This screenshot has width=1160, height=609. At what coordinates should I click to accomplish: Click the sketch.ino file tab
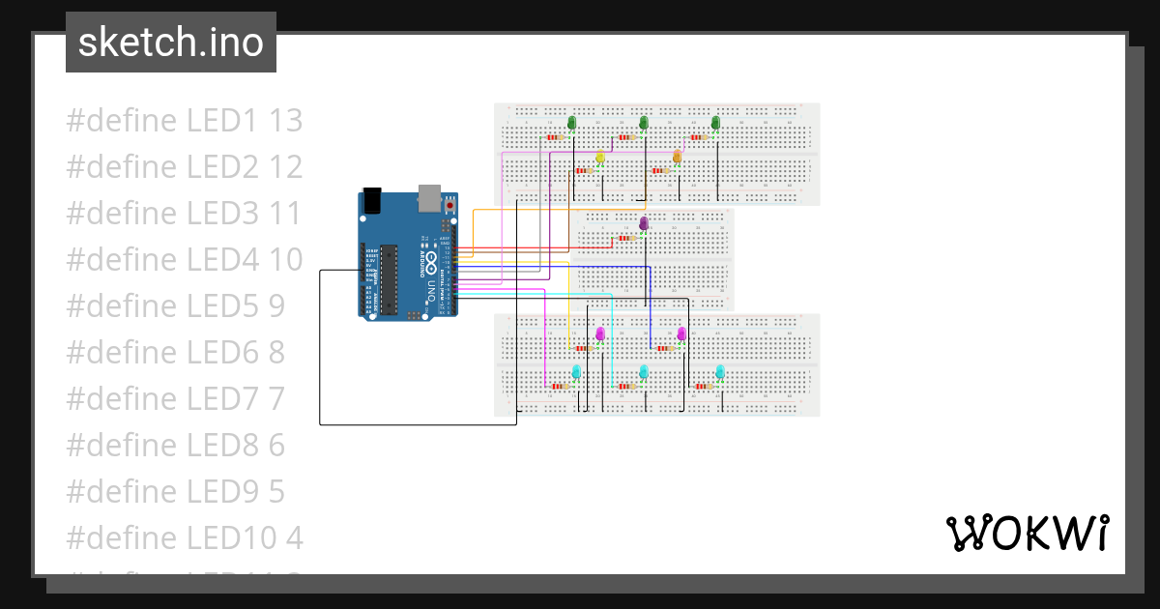coord(171,43)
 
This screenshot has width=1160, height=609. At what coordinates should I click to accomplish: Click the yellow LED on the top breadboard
coord(600,157)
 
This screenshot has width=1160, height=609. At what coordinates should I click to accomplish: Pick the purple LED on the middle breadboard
coord(644,223)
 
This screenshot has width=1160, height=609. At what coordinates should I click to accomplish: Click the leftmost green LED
coord(571,122)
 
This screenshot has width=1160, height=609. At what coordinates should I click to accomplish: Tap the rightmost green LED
coord(716,122)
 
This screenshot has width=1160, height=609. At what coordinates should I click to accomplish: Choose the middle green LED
coord(644,122)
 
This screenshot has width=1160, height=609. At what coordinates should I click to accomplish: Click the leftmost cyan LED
coord(576,371)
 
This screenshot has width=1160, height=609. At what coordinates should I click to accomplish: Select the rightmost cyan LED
coord(720,371)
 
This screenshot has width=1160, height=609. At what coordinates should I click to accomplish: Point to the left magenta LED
coord(600,333)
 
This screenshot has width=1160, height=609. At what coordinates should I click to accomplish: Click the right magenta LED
coord(681,333)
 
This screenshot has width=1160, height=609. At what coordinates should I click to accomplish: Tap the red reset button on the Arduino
coord(449,206)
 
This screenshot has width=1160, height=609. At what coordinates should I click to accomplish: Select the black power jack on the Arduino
coord(373,203)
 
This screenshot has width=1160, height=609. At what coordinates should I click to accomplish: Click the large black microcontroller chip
coord(390,279)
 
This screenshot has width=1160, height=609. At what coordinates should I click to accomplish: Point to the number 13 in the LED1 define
coord(285,121)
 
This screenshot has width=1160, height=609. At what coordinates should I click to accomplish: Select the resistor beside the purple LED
coord(623,236)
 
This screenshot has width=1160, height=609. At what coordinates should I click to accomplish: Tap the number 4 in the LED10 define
coord(294,537)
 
